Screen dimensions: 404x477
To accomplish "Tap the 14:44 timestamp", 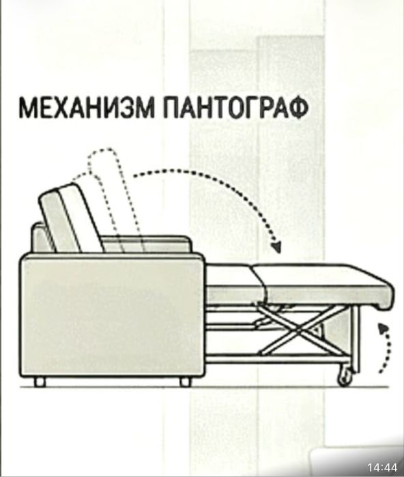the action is pos(382,467).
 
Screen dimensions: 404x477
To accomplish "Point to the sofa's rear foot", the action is pos(40,381).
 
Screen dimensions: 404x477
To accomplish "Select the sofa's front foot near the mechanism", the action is pos(185,381).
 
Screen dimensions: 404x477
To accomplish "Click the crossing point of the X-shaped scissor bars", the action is pos(298,331).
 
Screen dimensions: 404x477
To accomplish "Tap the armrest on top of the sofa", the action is pos(146,244).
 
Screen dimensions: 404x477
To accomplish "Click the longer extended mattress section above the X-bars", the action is pos(323,285).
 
